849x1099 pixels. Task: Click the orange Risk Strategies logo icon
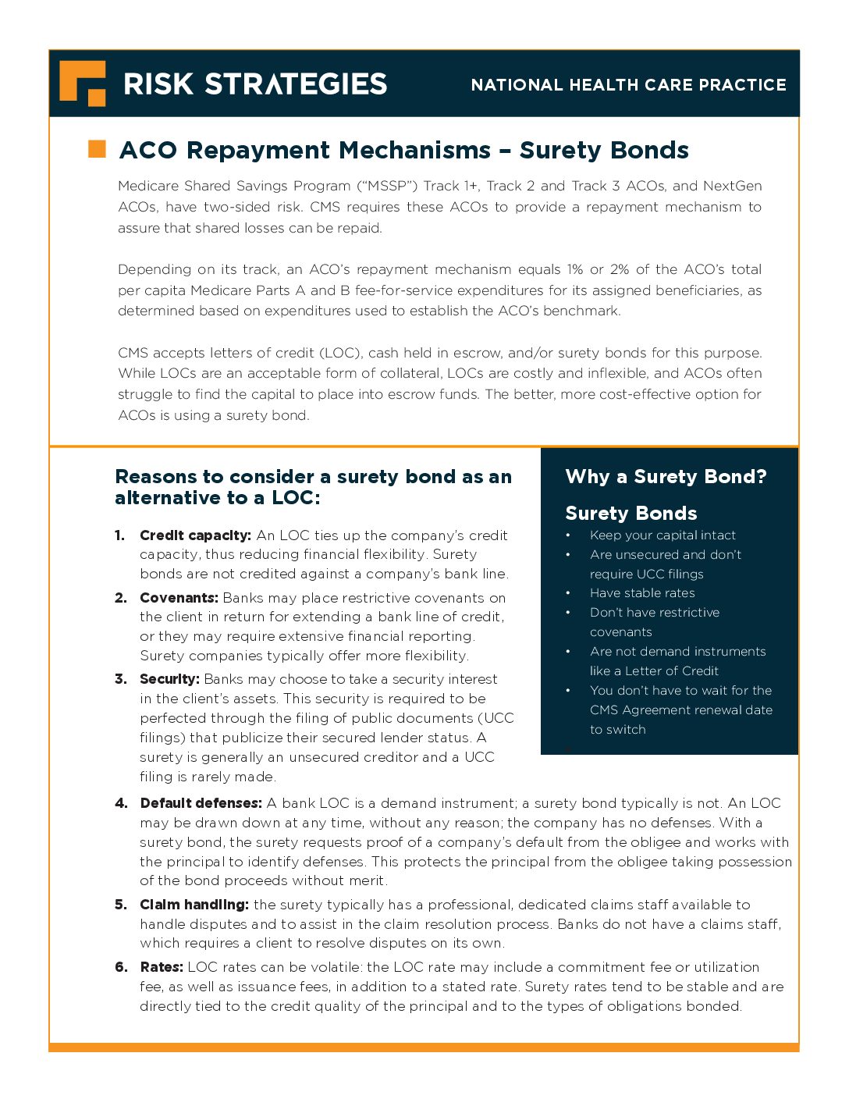click(82, 83)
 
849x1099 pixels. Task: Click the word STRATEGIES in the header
click(296, 84)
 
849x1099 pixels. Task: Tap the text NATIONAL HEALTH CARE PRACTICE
click(628, 85)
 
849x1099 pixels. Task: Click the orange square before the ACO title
click(97, 149)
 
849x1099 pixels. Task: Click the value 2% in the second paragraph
click(620, 269)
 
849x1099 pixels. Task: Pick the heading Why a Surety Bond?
click(666, 476)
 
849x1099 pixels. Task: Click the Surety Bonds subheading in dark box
click(631, 513)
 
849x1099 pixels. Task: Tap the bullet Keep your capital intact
click(663, 535)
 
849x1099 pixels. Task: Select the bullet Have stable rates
click(642, 593)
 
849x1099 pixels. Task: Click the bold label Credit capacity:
click(195, 535)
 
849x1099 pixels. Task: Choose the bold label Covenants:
click(179, 598)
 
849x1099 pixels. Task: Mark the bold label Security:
click(169, 679)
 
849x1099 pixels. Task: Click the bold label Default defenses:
click(201, 803)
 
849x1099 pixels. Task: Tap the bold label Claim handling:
click(194, 905)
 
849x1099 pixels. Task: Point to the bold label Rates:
click(162, 967)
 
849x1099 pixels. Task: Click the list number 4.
click(121, 803)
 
